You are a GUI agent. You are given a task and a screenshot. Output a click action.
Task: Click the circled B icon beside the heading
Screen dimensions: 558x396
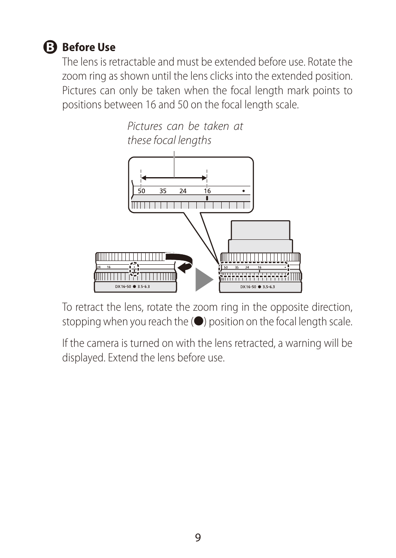[x=50, y=47]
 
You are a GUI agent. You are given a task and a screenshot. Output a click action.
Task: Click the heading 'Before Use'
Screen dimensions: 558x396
[x=88, y=47]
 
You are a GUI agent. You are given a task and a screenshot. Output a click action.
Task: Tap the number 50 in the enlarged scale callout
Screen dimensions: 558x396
[x=142, y=191]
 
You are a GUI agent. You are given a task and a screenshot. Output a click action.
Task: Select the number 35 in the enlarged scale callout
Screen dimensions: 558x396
[x=163, y=191]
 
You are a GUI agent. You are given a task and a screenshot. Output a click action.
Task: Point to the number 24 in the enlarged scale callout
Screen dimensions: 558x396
[x=183, y=191]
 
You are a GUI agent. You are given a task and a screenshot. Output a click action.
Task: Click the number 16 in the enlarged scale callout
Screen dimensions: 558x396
[x=207, y=191]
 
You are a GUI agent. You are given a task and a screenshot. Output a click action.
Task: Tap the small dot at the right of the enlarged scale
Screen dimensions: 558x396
[x=243, y=191]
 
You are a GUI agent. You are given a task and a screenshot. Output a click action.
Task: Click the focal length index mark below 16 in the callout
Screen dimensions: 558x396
[x=207, y=198]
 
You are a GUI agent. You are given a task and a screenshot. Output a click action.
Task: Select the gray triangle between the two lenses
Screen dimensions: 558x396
[x=203, y=279]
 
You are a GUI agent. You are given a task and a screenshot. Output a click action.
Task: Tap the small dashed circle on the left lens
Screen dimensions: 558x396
[x=134, y=269]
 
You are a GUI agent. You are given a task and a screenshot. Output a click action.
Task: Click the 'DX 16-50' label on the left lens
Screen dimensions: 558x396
[x=123, y=287]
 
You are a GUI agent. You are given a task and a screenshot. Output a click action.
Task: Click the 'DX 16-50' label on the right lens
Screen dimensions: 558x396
[x=248, y=287]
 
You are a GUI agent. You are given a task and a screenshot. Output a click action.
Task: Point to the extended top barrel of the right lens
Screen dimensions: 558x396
[x=260, y=230]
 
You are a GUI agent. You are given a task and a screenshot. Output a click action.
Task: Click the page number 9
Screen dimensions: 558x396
[x=198, y=538]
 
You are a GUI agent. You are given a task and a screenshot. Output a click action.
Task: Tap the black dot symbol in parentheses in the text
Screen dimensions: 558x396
[x=199, y=321]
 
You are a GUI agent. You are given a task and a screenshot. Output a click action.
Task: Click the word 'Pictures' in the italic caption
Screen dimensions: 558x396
[x=145, y=126]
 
